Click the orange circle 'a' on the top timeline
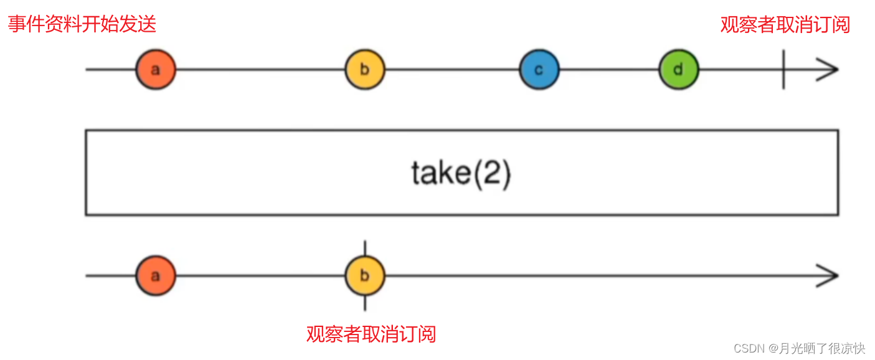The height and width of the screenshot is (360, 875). pos(156,70)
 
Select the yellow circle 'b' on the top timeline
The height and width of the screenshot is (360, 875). pos(365,70)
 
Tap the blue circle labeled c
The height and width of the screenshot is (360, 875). pos(539,70)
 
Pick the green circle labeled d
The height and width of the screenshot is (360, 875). pos(679,70)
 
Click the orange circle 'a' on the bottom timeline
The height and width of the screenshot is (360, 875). pos(156,275)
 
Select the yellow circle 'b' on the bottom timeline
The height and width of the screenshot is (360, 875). pos(365,275)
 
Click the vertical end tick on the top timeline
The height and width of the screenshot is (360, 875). pos(783,70)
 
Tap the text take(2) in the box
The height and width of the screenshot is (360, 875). pos(461,173)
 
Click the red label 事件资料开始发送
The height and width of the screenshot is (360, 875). pos(82,24)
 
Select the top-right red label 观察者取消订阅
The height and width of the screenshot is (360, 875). pos(785,24)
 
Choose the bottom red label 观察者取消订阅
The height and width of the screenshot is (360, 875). pos(371,334)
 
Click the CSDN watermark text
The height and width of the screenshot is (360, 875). pos(749,348)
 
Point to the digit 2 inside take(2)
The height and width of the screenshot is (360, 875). pos(492,173)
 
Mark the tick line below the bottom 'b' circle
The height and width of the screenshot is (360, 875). pos(365,303)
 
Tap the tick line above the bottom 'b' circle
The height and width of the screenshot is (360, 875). pos(365,248)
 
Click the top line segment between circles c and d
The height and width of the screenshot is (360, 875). pos(609,70)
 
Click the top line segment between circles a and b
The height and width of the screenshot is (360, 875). pos(260,70)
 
